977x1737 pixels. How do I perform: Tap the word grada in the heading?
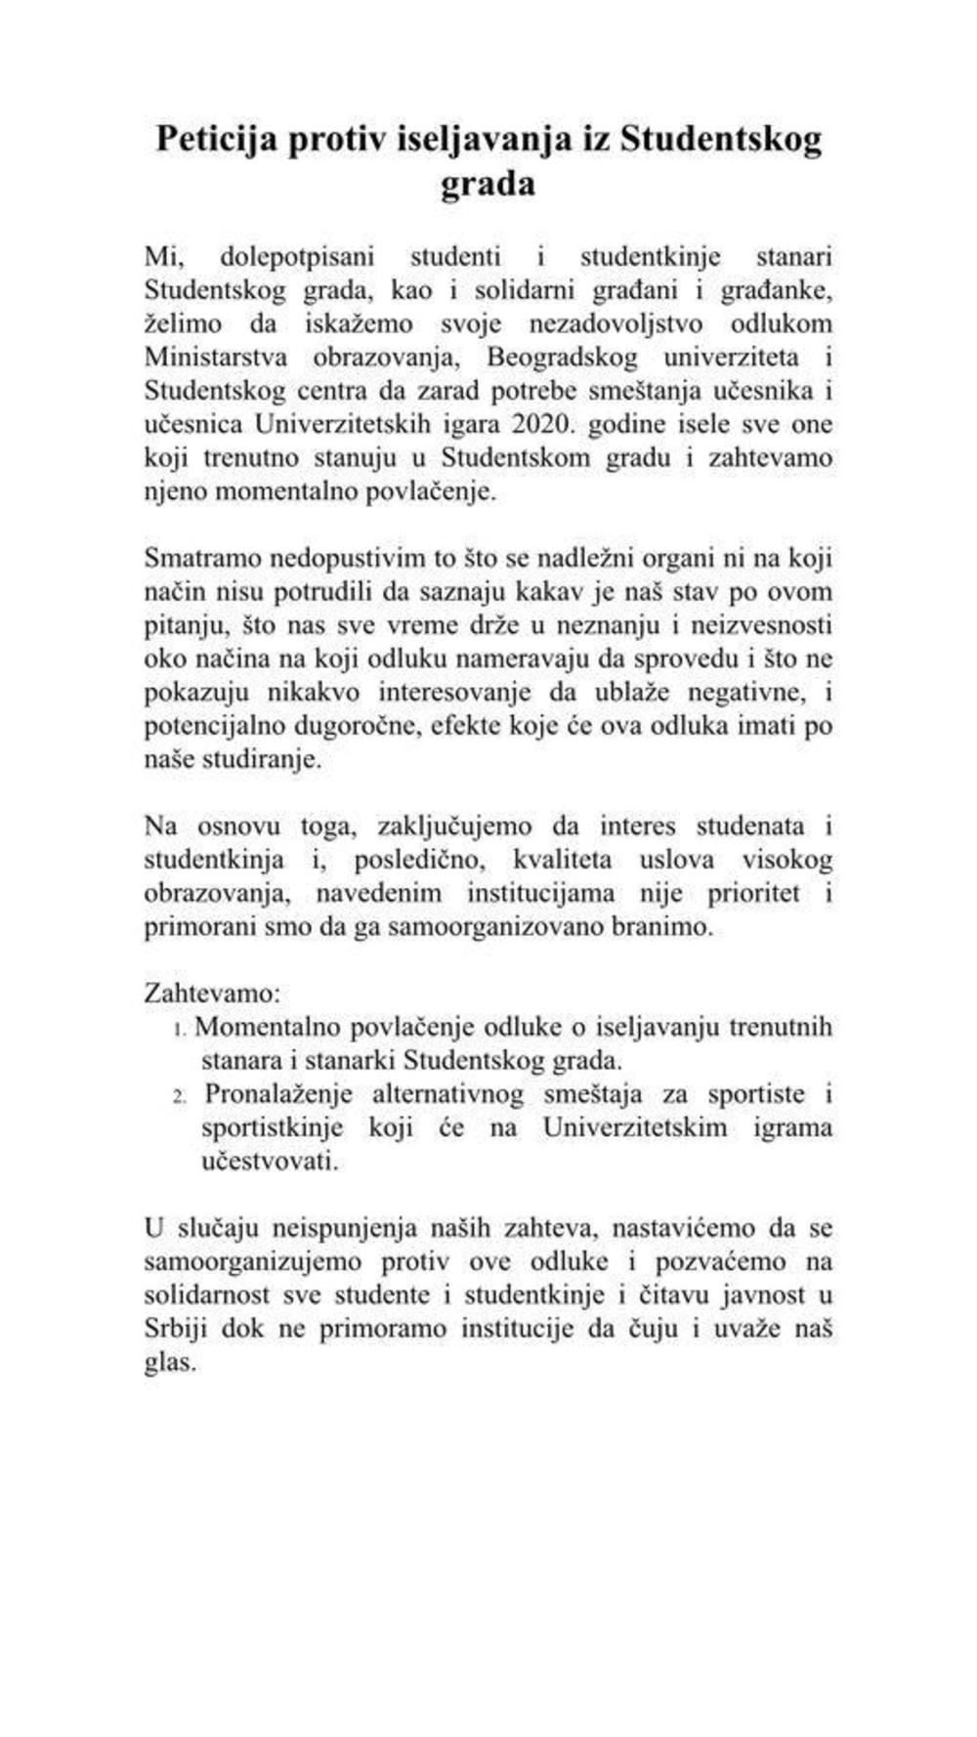[488, 185]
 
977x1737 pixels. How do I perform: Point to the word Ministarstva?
[216, 357]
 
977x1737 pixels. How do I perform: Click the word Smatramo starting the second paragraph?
[201, 558]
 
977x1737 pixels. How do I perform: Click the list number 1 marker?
[180, 1029]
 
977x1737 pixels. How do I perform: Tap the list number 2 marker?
[180, 1096]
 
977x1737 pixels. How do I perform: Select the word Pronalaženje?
[278, 1094]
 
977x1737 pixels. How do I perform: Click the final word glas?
[170, 1363]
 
